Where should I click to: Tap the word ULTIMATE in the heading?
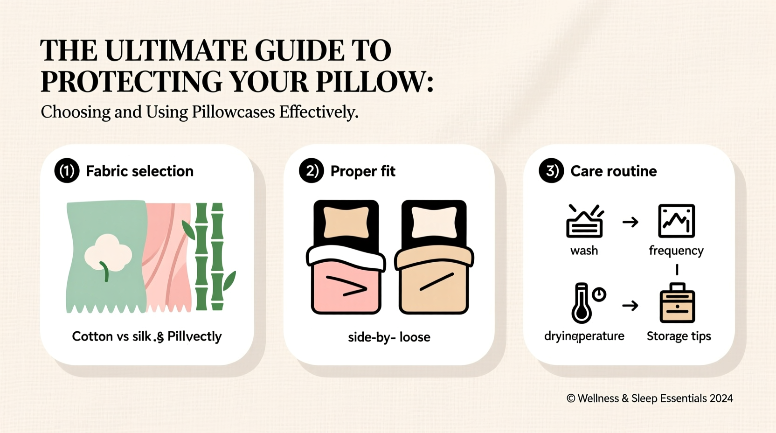(x=176, y=50)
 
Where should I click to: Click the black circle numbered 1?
(x=67, y=171)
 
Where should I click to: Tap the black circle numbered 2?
(x=311, y=171)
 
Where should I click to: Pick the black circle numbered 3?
(x=551, y=171)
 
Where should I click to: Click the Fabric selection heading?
(x=139, y=171)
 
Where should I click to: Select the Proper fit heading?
(x=362, y=171)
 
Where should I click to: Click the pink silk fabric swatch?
(x=168, y=257)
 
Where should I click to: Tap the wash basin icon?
(x=584, y=222)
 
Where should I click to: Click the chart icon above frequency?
(x=676, y=221)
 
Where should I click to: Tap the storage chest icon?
(x=677, y=304)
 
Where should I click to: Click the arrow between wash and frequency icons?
(x=630, y=222)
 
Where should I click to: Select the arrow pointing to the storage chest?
(x=630, y=306)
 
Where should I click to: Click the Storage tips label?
(x=679, y=336)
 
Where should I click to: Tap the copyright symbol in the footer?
(x=571, y=398)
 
